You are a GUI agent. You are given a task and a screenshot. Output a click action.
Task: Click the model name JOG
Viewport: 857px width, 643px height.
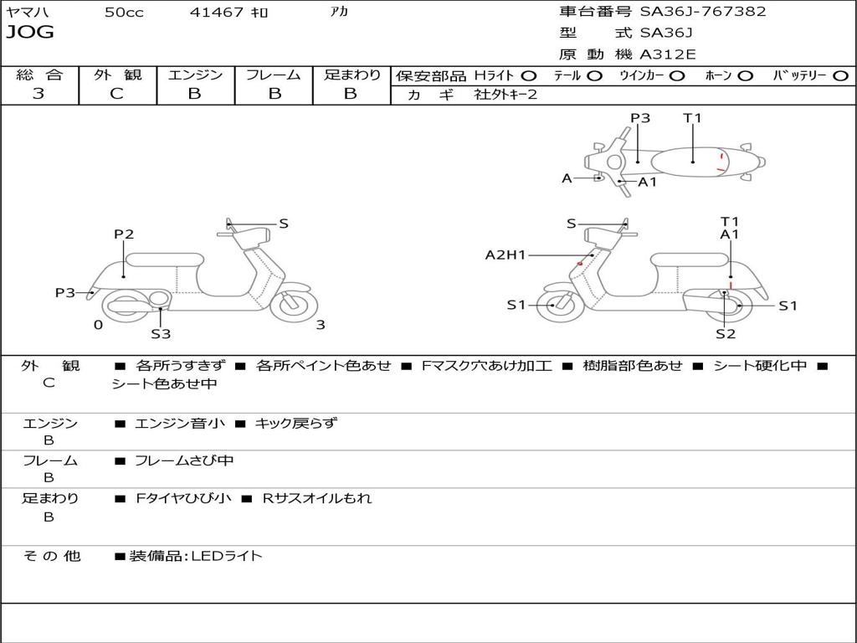point(29,33)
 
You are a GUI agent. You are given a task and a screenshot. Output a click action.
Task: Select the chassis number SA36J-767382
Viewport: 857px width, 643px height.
point(703,12)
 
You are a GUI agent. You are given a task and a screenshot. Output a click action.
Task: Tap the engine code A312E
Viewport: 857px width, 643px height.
point(667,54)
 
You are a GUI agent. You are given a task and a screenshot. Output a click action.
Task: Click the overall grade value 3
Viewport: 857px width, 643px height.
point(38,94)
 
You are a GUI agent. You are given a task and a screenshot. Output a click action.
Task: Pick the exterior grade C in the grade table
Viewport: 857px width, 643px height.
point(116,94)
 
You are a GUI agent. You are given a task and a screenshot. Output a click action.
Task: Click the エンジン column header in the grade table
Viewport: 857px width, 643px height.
point(195,75)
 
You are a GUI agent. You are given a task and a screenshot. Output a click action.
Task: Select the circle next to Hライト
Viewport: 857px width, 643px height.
point(529,75)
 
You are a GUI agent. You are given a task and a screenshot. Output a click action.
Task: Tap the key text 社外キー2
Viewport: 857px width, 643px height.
point(505,95)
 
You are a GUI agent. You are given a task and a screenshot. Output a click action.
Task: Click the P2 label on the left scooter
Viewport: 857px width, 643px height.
point(124,234)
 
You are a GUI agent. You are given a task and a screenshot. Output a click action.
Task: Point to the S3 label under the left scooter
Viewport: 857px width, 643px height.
point(161,334)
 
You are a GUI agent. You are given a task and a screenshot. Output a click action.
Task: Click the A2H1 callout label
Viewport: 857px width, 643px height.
point(505,255)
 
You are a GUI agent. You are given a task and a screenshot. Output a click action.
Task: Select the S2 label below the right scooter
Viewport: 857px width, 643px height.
point(726,334)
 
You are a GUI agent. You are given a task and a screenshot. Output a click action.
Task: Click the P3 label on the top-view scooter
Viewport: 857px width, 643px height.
point(640,118)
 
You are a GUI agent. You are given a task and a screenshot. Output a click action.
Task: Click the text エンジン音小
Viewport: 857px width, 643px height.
point(180,424)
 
